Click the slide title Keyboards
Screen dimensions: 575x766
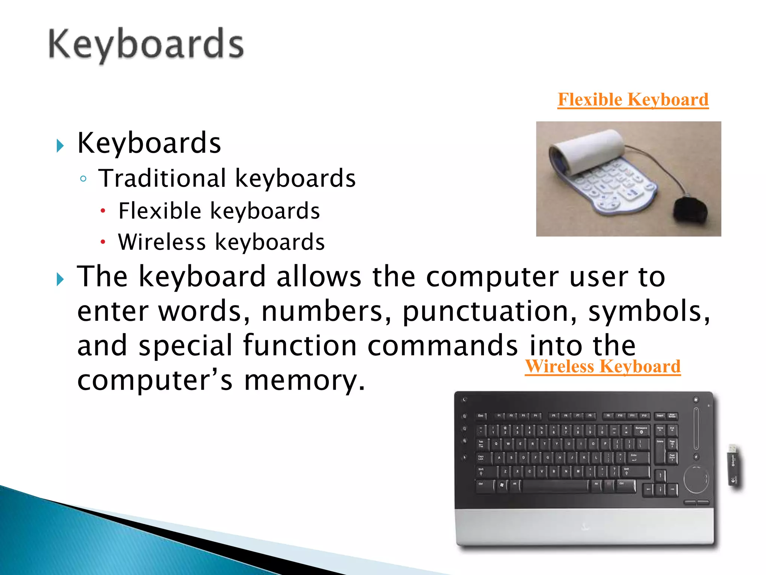146,45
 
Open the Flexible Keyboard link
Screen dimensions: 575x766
633,100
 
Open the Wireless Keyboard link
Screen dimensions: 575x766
603,366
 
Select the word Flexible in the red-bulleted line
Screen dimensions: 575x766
160,210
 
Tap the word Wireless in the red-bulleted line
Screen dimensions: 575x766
162,242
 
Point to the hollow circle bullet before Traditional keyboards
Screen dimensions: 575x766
83,179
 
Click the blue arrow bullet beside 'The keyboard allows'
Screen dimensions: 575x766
60,279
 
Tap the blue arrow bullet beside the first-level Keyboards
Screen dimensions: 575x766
60,146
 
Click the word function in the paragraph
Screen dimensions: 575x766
300,346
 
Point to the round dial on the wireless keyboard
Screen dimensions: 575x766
696,480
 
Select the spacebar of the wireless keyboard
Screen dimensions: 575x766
554,486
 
